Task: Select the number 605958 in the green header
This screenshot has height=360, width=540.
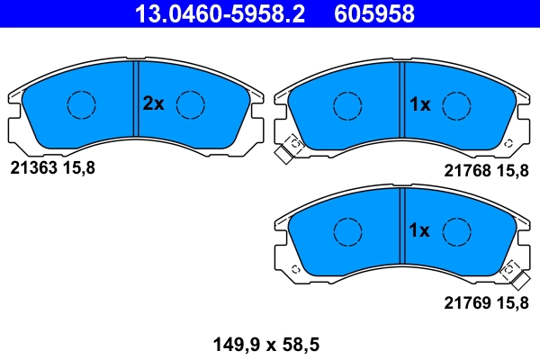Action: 374,13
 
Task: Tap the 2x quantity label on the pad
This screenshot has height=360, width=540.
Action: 153,103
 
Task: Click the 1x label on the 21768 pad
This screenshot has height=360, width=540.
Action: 419,104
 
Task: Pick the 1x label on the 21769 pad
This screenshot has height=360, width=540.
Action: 419,230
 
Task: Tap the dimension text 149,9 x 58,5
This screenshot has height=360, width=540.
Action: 266,343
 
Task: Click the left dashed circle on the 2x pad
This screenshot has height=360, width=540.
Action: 82,104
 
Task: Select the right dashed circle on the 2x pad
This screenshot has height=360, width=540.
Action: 191,104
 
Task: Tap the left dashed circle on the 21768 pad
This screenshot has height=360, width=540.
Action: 347,104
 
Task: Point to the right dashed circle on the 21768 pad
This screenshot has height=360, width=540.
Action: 456,104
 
